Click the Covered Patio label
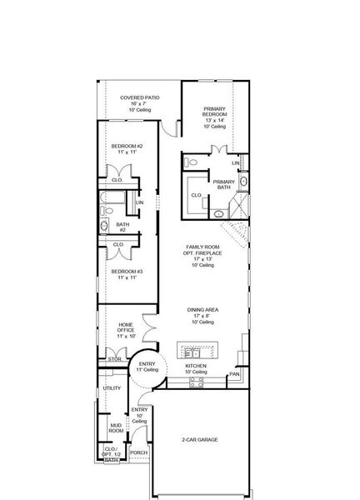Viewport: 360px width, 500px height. pyautogui.click(x=139, y=97)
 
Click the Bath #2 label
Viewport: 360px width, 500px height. pyautogui.click(x=122, y=224)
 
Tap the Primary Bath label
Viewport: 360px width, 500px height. pyautogui.click(x=222, y=184)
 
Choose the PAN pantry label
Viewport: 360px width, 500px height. pyautogui.click(x=235, y=374)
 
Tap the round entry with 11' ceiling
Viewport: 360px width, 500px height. pyautogui.click(x=147, y=367)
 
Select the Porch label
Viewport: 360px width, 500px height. pyautogui.click(x=137, y=452)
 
